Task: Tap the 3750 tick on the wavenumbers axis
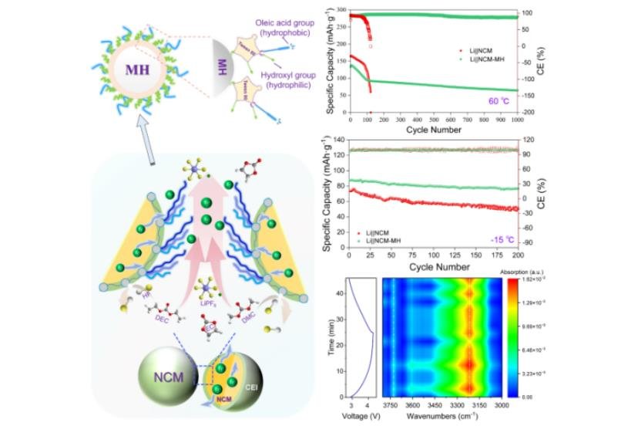pos(391,404)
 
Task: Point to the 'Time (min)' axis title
pos(328,336)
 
